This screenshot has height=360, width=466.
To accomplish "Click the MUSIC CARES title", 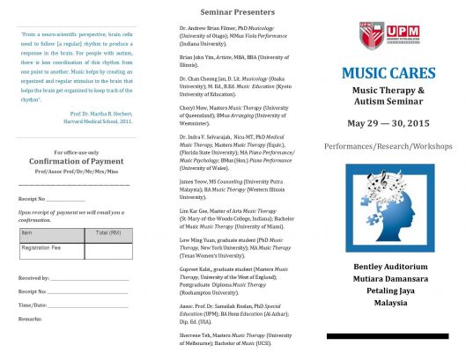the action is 388,73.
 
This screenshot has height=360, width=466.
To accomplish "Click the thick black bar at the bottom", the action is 388,336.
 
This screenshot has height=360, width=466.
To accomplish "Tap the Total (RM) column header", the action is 107,232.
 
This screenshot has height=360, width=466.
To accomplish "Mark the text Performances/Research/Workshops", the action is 388,143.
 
